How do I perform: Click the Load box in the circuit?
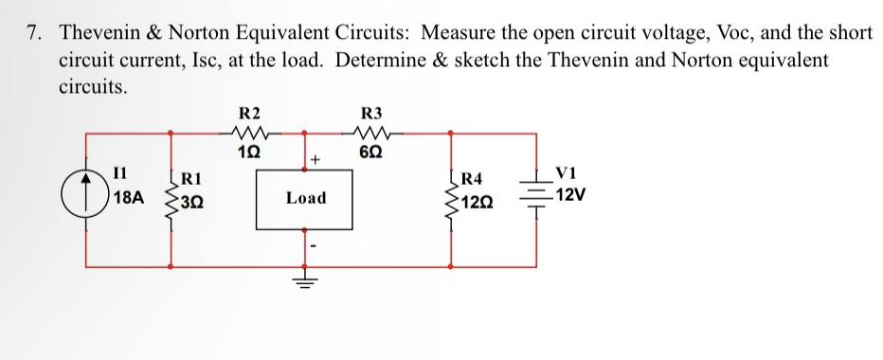pyautogui.click(x=305, y=198)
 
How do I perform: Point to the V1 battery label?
pyautogui.click(x=567, y=173)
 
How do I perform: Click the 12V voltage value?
pyautogui.click(x=570, y=196)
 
